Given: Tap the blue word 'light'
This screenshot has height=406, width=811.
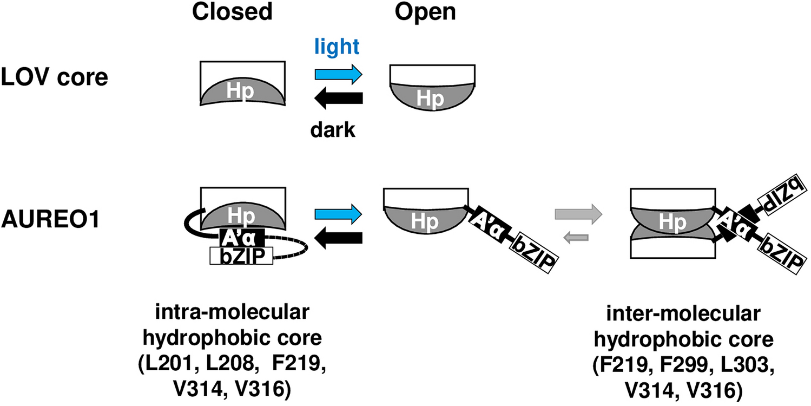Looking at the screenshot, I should click(x=338, y=47).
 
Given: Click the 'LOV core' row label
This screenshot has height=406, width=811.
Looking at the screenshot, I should click(x=55, y=77).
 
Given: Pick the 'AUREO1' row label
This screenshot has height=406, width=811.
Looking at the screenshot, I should click(x=50, y=220).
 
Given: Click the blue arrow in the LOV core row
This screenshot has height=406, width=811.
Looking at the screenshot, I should click(x=339, y=74).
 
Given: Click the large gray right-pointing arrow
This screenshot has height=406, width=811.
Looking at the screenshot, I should click(x=578, y=212).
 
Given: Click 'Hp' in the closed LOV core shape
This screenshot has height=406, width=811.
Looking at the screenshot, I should click(x=242, y=93).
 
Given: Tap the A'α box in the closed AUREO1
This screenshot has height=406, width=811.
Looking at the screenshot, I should click(x=241, y=237).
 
